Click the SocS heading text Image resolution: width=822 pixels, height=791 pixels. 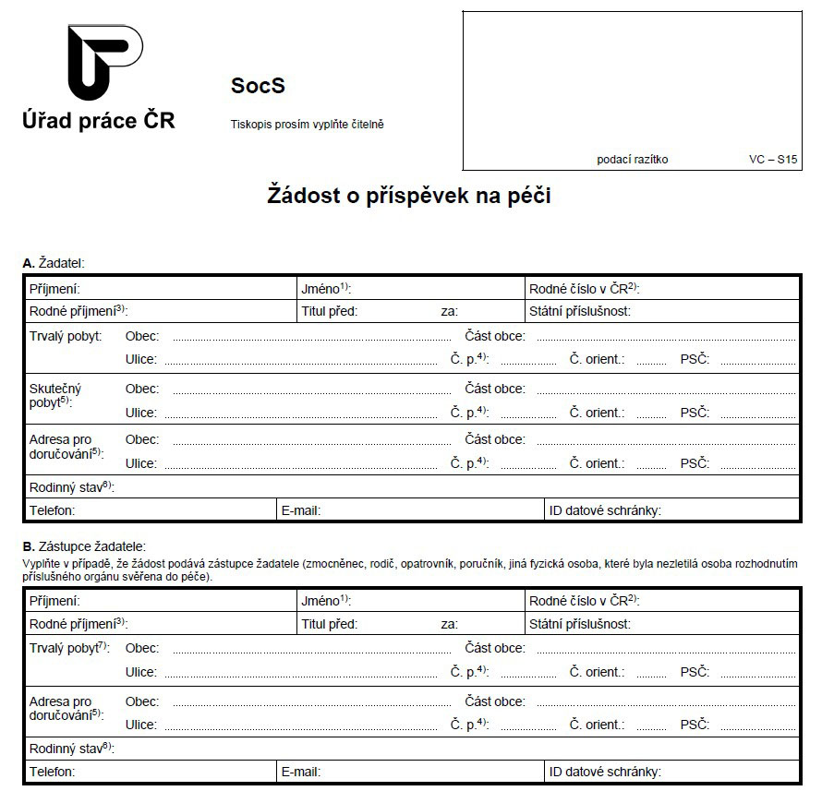(x=258, y=86)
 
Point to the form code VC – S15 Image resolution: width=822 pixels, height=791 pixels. (x=773, y=159)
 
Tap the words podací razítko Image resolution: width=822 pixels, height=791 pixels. (x=633, y=159)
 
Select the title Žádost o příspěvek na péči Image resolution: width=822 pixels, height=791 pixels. (x=409, y=196)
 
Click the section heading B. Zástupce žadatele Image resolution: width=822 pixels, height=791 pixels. (x=84, y=546)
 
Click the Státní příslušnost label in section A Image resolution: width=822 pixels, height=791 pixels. (x=580, y=311)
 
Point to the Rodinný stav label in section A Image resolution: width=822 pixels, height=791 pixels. (x=71, y=486)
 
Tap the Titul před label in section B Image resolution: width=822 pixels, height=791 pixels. (x=329, y=624)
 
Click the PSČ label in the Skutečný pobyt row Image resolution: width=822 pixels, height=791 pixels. (x=695, y=413)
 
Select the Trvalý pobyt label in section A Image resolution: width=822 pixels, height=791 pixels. (x=66, y=336)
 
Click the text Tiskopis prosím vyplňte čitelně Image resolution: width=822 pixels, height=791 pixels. (x=307, y=124)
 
